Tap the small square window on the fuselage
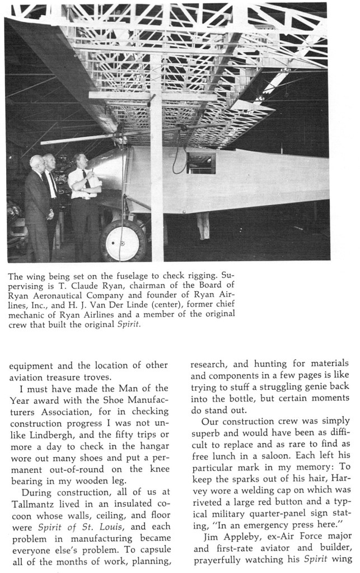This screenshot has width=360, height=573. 200,163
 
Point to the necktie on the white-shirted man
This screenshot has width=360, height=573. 86,179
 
